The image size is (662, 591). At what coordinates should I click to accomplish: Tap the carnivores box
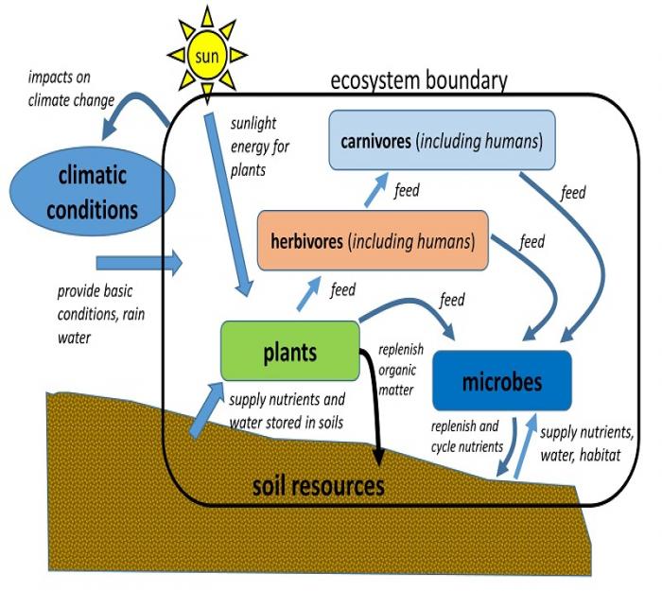[x=441, y=143]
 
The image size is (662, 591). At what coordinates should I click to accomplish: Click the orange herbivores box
[x=373, y=240]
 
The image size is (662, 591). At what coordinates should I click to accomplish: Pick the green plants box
[x=289, y=352]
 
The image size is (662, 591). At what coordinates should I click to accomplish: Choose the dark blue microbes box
[x=501, y=382]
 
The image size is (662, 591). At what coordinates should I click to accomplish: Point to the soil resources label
[x=319, y=486]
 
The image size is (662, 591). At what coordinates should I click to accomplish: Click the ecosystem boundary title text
[x=418, y=80]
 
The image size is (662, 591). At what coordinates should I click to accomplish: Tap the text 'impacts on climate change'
[x=71, y=87]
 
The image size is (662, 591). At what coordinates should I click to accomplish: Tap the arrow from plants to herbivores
[x=309, y=292]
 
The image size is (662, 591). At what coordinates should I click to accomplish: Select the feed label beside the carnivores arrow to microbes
[x=573, y=193]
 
